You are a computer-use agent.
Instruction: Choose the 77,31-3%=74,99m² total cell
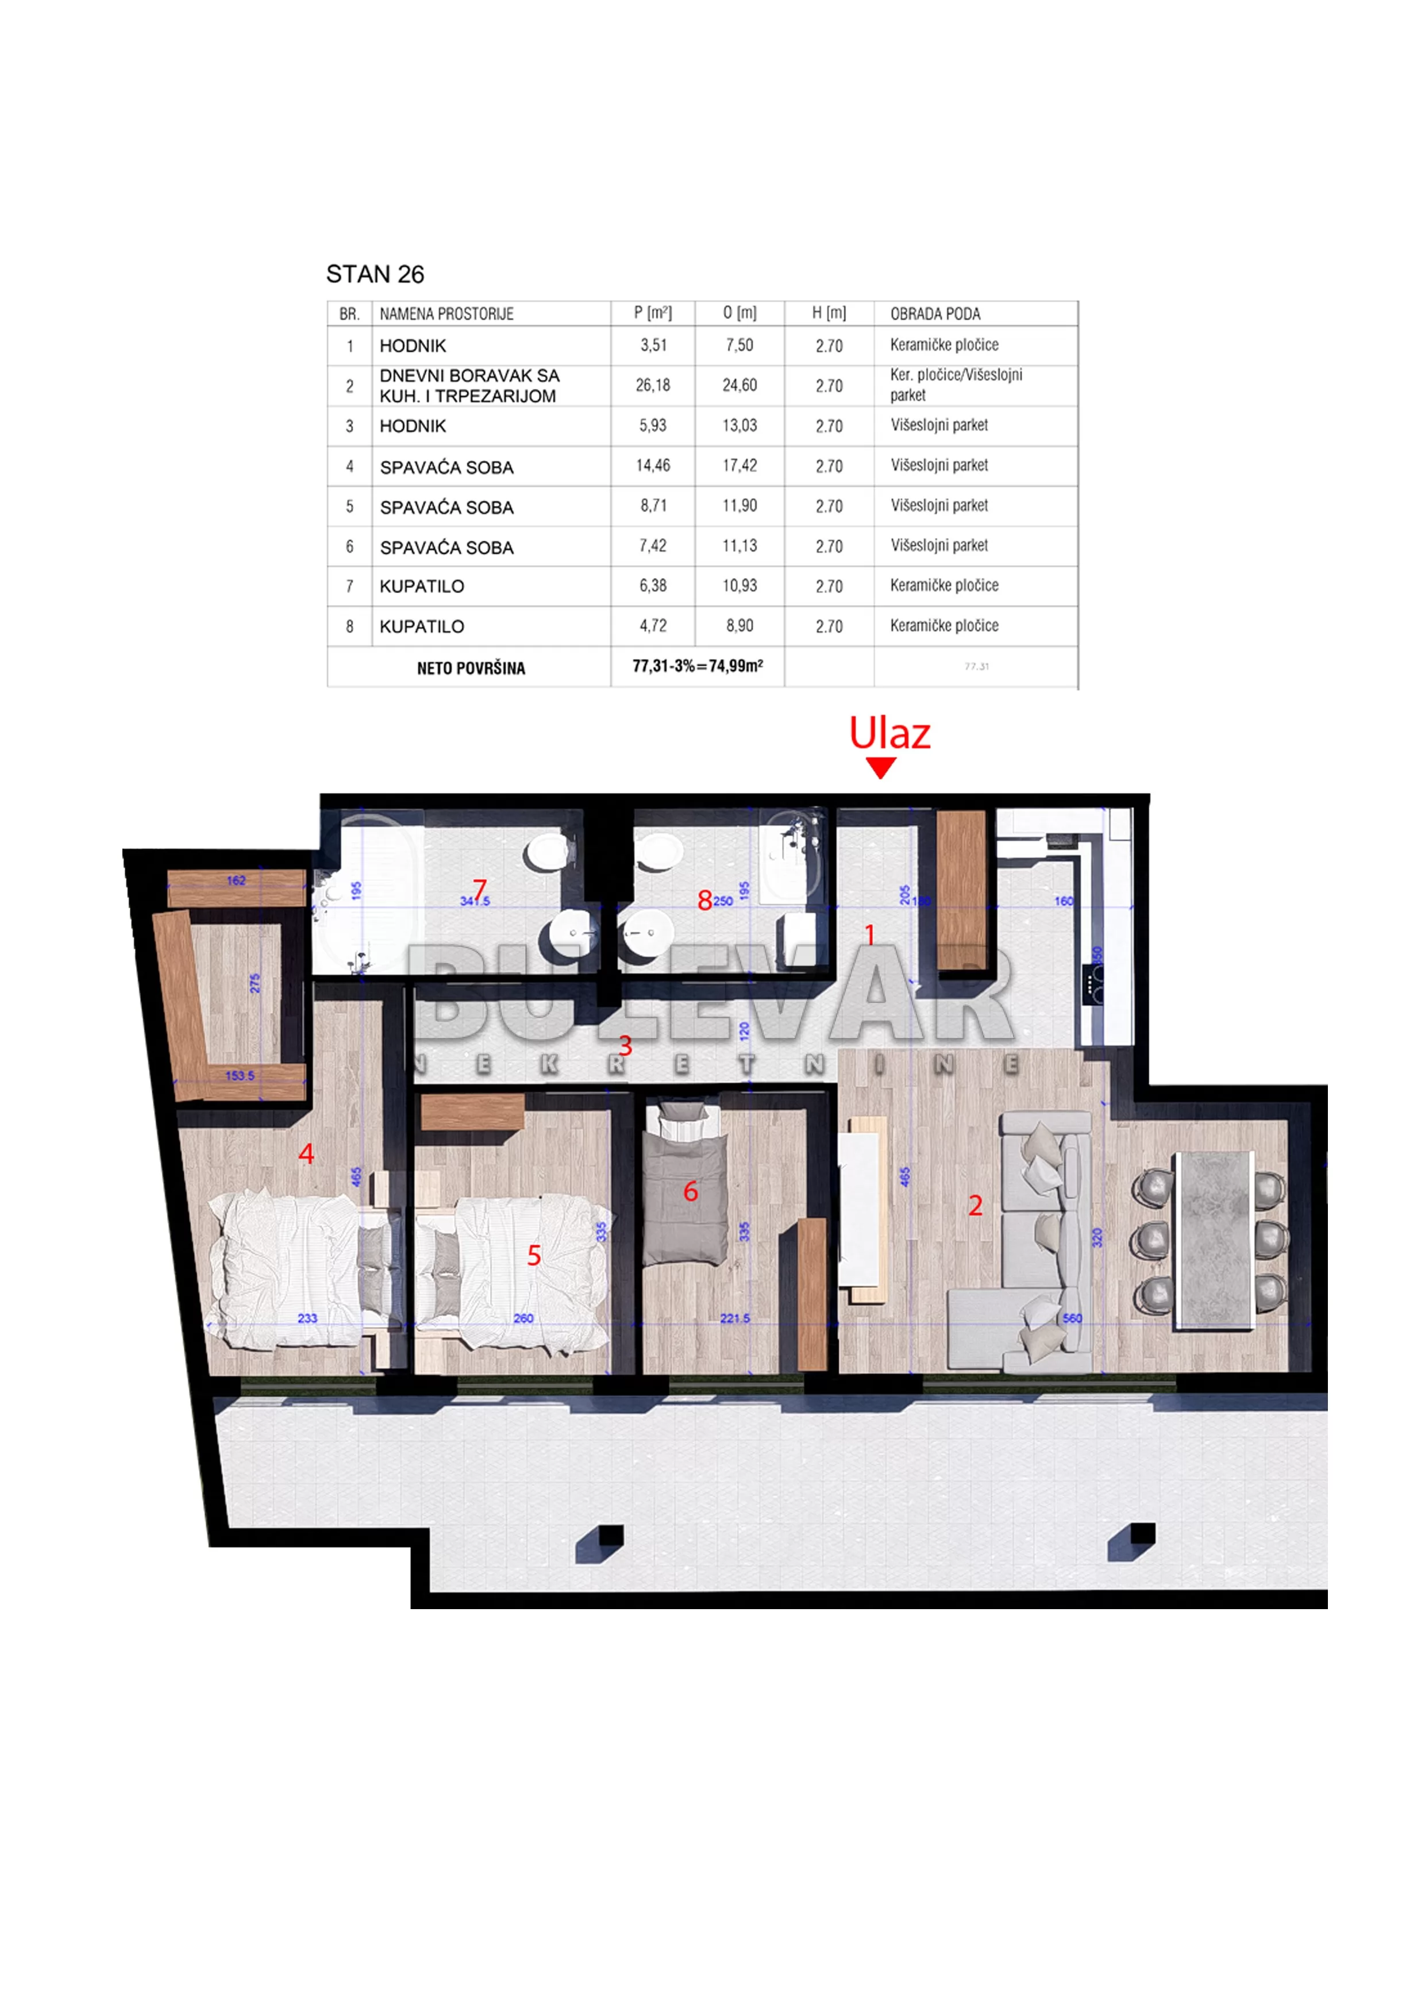tap(697, 667)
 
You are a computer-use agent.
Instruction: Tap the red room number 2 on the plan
tap(975, 1206)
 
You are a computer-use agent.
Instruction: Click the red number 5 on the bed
tap(534, 1256)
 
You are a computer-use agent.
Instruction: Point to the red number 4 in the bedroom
tap(306, 1154)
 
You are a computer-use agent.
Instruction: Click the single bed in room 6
tap(685, 1186)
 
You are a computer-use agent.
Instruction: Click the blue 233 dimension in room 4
tap(307, 1318)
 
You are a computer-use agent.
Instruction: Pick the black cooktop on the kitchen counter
tap(1094, 984)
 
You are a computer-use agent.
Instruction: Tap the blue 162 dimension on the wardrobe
tap(236, 880)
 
